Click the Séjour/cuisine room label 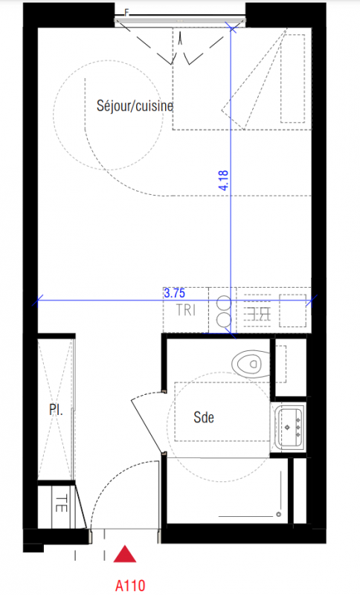coord(135,106)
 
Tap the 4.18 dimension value coord(224,180)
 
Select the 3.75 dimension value coord(175,293)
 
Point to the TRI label coord(186,310)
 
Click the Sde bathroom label coord(204,417)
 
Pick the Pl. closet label coord(56,410)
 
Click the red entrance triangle coord(125,553)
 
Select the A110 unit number coord(130,585)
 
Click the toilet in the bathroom coord(251,364)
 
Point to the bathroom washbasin coord(290,427)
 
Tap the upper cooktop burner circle coord(223,303)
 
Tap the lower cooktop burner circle coord(223,320)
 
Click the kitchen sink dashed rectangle coord(293,310)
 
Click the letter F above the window coord(127,13)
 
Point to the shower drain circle coord(279,515)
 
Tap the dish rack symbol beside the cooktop coord(257,311)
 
